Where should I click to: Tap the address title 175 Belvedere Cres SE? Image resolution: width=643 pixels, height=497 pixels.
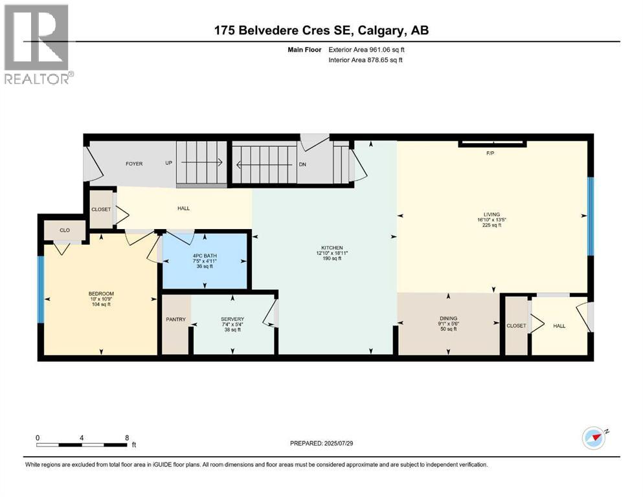(321, 30)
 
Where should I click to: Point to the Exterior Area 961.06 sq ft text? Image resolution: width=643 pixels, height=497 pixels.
(369, 49)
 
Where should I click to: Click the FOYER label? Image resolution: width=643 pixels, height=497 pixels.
(134, 164)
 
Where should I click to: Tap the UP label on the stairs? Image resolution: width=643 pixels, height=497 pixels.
(168, 164)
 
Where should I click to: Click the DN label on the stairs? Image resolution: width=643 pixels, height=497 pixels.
(302, 164)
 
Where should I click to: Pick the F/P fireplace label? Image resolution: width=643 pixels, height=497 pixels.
(490, 153)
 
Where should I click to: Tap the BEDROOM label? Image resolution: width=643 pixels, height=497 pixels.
(101, 293)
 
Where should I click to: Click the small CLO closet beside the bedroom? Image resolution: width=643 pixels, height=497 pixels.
(65, 230)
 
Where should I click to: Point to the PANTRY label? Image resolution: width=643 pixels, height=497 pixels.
(175, 319)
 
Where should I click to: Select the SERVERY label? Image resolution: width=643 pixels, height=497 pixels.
(232, 319)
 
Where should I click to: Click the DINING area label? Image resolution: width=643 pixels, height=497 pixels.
(448, 318)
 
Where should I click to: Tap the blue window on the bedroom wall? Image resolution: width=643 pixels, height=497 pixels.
(41, 289)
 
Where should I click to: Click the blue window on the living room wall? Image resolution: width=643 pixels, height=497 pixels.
(590, 216)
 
